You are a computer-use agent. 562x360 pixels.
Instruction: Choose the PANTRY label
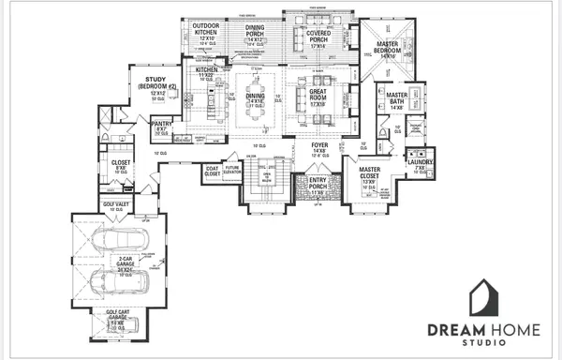pyautogui.click(x=160, y=125)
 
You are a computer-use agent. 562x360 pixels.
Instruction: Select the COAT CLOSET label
pyautogui.click(x=213, y=172)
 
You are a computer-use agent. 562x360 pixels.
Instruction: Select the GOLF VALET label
pyautogui.click(x=115, y=204)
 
